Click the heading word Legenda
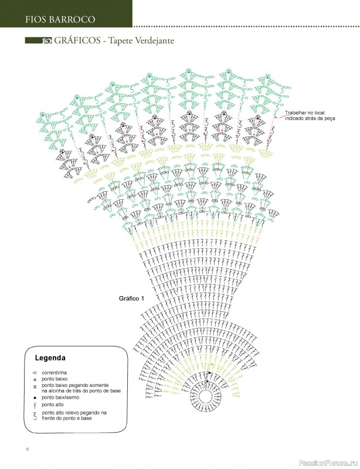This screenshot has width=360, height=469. [50, 358]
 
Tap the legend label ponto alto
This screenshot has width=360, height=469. [53, 405]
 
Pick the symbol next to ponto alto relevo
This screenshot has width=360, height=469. [35, 416]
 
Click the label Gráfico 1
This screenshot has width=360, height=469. [131, 298]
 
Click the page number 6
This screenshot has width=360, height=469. [27, 450]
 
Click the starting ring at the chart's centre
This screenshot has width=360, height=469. [205, 397]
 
